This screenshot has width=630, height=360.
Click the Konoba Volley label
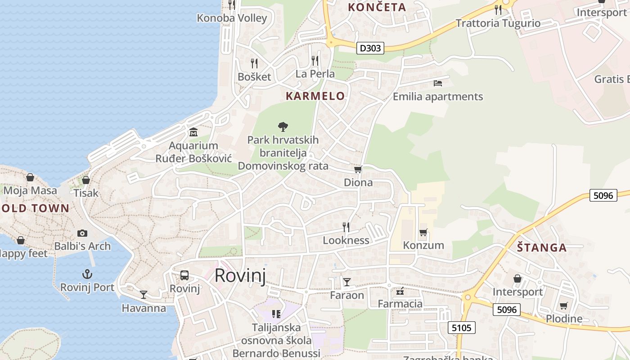pos(232,18)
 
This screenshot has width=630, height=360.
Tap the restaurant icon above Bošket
pos(254,63)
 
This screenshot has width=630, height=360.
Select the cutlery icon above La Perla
pos(315,60)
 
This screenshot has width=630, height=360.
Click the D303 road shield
pos(370,48)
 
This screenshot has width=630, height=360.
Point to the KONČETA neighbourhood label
pos(377,7)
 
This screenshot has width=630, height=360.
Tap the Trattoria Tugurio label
pos(498,23)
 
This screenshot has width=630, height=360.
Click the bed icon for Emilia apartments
pos(438,83)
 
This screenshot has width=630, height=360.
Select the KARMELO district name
pos(315,96)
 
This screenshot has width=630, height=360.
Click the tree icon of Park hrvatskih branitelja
pos(283,127)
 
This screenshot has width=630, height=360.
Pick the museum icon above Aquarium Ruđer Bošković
pos(193,132)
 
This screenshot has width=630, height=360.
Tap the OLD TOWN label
pos(35,208)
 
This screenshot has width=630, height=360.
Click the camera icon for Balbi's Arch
pos(82,233)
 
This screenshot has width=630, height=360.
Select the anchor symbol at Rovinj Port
pos(87,274)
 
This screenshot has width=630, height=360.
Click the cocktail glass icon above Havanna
pos(144,295)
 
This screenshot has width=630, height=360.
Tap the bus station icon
pos(184,275)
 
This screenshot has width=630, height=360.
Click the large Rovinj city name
pos(240,275)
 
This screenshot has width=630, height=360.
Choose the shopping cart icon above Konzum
pos(423,233)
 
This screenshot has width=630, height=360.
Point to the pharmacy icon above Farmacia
pos(400,291)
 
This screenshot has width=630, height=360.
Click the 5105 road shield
pos(462,328)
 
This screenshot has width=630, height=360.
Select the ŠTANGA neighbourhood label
pos(541,247)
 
